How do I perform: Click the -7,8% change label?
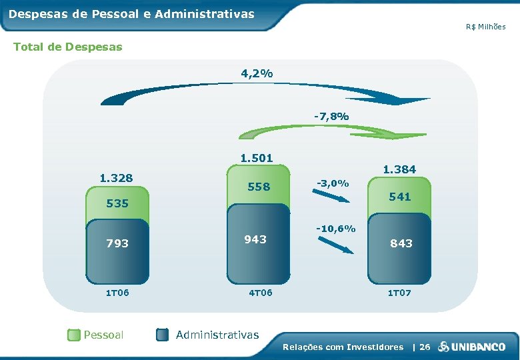click(331, 117)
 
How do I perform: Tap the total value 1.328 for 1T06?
click(116, 178)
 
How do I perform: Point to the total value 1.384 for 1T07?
click(399, 169)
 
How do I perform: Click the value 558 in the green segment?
click(259, 187)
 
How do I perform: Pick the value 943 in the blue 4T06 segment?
click(255, 239)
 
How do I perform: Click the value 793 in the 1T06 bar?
click(117, 243)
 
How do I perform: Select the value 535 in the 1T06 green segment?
click(117, 203)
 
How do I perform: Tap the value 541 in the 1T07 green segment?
click(400, 197)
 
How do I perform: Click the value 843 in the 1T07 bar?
click(401, 243)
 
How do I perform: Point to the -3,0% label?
click(331, 183)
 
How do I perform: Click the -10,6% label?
click(335, 229)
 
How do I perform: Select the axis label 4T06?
click(259, 292)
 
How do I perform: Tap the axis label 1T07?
click(400, 292)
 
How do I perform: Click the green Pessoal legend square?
click(73, 335)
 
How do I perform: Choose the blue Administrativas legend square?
click(163, 335)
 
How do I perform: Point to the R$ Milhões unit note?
click(485, 27)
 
